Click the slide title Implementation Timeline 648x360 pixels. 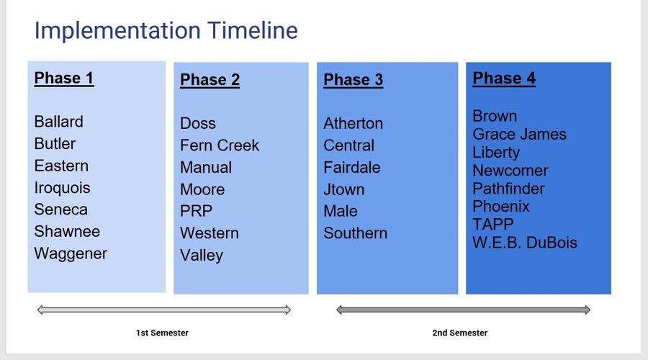point(166,30)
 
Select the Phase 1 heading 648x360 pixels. point(64,78)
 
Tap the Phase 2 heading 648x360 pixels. point(210,80)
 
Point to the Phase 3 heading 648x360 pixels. point(353,80)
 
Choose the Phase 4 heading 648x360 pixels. point(504,78)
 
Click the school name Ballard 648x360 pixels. point(58,122)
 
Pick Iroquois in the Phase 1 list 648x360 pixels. point(62,188)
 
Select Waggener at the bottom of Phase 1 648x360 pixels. point(71,253)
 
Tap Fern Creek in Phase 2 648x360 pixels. point(219,145)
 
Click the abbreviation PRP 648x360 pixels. point(196,212)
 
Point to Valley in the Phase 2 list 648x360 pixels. point(202,256)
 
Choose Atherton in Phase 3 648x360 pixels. point(353,124)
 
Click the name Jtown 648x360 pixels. point(343,190)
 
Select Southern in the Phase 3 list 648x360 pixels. point(355,233)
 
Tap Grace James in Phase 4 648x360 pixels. point(519,135)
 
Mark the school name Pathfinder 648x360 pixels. point(508,189)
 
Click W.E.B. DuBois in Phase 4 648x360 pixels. point(524,243)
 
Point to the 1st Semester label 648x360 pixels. point(162,333)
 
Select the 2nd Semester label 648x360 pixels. point(459,333)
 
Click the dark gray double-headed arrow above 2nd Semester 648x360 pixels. point(463,310)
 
